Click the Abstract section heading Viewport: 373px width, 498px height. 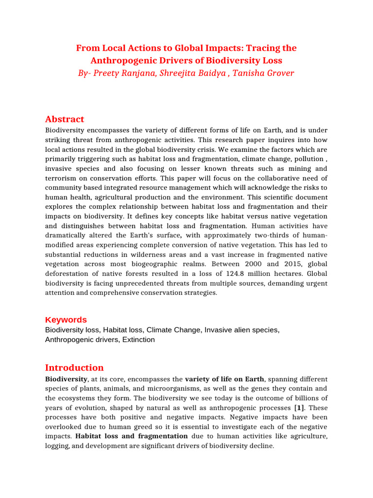[65, 119]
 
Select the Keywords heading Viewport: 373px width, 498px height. [66, 320]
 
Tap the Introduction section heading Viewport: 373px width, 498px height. [74, 367]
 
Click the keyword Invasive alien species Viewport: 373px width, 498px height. [241, 330]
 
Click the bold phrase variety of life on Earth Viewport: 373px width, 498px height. [224, 379]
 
